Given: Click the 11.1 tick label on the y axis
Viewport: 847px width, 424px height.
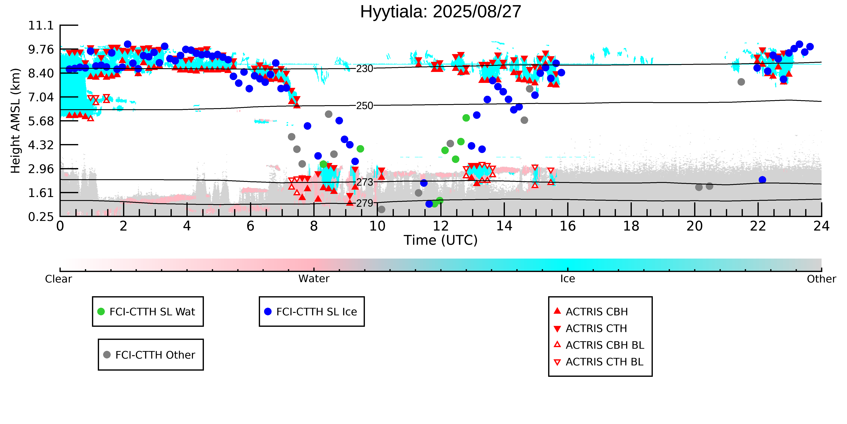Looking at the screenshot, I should (41, 25).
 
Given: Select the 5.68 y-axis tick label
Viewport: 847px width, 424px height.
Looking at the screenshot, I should (41, 121).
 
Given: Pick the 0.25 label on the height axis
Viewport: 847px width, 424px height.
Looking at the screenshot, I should (41, 217).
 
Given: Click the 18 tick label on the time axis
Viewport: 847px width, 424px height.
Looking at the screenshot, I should (631, 226).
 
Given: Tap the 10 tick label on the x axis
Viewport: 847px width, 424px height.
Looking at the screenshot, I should (377, 226).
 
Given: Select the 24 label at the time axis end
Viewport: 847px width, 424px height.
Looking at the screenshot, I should (821, 226).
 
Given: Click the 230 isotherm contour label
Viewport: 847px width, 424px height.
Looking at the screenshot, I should (365, 68).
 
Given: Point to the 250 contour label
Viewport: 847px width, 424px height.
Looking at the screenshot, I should (365, 106).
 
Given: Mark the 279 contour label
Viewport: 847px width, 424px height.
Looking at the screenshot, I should (365, 203).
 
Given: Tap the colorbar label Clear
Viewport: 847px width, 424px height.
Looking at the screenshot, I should (59, 279).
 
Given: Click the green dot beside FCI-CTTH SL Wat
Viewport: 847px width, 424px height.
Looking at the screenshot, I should (101, 311).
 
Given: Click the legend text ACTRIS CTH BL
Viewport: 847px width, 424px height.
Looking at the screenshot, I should (604, 362).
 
